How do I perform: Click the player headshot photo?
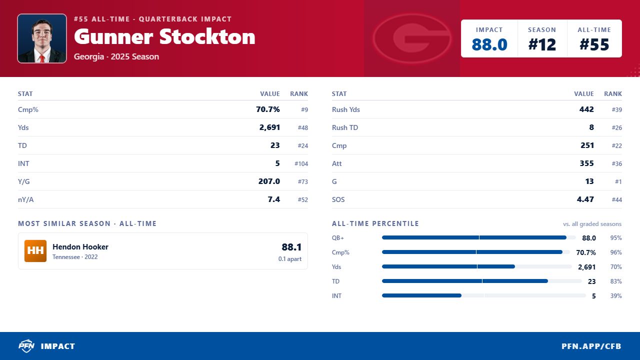pos(42,38)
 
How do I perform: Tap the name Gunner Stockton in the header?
pos(164,37)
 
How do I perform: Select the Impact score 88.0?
pos(489,44)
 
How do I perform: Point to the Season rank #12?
pos(542,44)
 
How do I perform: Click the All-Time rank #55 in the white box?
pos(594,44)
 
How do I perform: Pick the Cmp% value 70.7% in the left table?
pos(268,109)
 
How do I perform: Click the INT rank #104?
pos(301,163)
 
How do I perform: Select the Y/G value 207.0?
pos(269,181)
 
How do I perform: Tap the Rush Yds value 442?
pos(586,109)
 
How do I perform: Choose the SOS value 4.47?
pos(585,199)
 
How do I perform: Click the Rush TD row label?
pos(345,127)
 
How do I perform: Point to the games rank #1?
pos(618,181)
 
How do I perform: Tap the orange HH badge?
pos(35,251)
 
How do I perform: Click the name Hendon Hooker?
pos(80,247)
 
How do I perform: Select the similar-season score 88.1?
pos(291,247)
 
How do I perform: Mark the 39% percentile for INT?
pos(616,296)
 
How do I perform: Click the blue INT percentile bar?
pos(421,295)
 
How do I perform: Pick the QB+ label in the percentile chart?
pos(337,237)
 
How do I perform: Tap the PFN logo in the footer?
pos(26,346)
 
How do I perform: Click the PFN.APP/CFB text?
pos(591,346)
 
